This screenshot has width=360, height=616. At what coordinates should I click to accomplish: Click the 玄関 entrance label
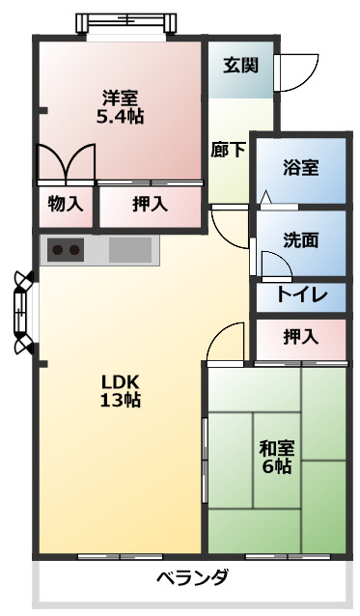(240, 66)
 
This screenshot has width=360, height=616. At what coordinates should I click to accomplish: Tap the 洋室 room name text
(121, 98)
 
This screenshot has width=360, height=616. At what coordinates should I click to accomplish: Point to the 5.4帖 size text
(121, 117)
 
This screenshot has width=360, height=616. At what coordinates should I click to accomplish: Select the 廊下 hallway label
(228, 150)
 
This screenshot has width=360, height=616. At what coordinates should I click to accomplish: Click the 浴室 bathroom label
(300, 165)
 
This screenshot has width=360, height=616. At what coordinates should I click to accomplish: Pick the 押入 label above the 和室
(300, 337)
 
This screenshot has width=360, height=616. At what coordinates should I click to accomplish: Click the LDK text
(121, 379)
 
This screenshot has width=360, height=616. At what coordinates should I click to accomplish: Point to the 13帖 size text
(121, 400)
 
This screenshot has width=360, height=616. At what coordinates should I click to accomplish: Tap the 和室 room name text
(277, 448)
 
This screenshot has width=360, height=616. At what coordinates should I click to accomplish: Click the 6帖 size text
(277, 467)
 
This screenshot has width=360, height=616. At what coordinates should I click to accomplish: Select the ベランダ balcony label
(193, 578)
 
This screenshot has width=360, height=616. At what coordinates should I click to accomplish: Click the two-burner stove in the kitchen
(67, 251)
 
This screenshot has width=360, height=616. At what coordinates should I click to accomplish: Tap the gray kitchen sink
(130, 251)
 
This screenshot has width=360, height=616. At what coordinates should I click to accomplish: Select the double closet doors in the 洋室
(66, 161)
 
